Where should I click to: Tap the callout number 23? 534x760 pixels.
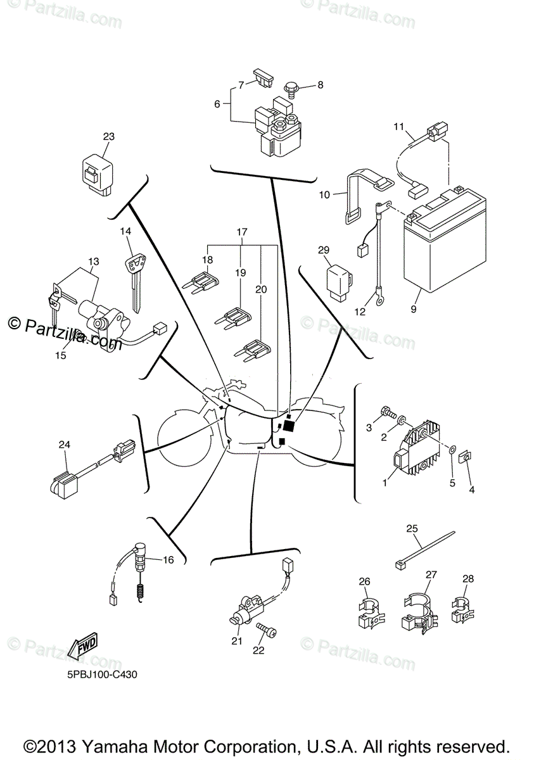click(109, 136)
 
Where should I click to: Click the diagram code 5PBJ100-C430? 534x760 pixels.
click(101, 674)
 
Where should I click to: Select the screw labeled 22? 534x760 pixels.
click(266, 631)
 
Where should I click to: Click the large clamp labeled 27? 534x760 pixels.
click(417, 609)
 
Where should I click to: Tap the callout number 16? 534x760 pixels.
click(167, 559)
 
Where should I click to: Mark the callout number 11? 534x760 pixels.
click(398, 126)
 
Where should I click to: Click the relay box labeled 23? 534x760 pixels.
click(98, 172)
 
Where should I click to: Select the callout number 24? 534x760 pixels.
click(63, 445)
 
